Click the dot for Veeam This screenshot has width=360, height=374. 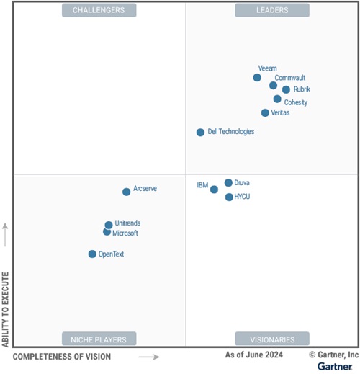257,78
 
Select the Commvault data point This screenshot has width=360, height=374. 274,86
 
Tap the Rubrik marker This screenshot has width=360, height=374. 286,90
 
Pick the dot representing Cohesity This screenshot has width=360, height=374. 277,99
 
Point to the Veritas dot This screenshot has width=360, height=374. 265,113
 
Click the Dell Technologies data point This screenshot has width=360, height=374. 200,133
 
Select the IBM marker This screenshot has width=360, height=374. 214,190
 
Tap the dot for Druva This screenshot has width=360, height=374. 228,183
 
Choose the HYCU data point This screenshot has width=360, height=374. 229,197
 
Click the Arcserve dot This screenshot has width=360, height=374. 126,192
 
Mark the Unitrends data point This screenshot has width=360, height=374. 109,225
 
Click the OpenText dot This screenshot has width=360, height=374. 92,254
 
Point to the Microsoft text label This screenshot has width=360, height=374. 125,233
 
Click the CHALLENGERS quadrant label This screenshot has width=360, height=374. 99,10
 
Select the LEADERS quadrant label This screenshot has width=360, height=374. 272,10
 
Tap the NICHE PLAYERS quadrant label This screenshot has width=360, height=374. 99,339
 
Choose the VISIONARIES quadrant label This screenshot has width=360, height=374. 272,339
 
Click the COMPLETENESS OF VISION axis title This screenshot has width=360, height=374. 62,357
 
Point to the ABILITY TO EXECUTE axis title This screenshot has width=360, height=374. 6,309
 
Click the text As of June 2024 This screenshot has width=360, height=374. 253,355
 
